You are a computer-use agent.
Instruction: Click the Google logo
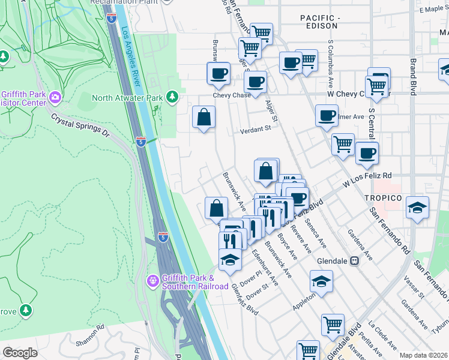(x=20, y=353)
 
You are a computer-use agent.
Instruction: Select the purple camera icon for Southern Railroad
(x=152, y=280)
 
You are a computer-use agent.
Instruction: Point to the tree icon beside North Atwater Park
(x=172, y=97)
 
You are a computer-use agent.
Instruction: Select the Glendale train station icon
(x=355, y=261)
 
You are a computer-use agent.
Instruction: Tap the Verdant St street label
(x=256, y=130)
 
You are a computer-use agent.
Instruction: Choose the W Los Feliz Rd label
(x=367, y=180)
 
